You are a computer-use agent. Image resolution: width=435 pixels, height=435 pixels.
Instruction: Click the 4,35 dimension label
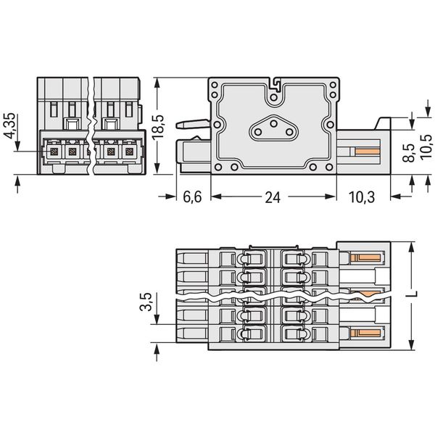(x=8, y=126)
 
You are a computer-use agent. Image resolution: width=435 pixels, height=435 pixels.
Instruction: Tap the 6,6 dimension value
(x=192, y=197)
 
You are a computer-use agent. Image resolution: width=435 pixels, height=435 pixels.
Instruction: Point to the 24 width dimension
(x=273, y=197)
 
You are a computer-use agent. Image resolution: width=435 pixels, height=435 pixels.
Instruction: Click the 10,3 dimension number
(x=362, y=197)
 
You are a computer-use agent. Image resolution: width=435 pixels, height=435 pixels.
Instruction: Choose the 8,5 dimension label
(x=408, y=152)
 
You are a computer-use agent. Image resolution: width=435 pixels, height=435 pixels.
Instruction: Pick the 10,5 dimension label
(x=426, y=146)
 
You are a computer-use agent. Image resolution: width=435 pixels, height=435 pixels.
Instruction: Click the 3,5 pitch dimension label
(x=146, y=302)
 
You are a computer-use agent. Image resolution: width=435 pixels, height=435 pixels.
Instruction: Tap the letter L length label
(x=412, y=294)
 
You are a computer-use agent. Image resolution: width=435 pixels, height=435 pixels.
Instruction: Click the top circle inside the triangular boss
(x=274, y=123)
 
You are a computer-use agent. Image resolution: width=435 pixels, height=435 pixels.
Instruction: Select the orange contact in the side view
(x=368, y=152)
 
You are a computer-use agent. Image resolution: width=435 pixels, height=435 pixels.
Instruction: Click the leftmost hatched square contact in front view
(x=54, y=152)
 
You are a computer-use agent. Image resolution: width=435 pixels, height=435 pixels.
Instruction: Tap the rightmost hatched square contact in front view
(x=129, y=152)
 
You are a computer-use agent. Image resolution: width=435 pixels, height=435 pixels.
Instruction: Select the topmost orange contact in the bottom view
(x=365, y=258)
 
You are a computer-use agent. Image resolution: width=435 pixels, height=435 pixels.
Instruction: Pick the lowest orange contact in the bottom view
(x=365, y=332)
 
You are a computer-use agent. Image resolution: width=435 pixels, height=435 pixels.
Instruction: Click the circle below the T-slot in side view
(x=274, y=97)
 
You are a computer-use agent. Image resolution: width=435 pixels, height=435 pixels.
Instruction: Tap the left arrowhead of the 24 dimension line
(x=216, y=196)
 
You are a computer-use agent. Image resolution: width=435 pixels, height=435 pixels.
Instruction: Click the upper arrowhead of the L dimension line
(x=412, y=246)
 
